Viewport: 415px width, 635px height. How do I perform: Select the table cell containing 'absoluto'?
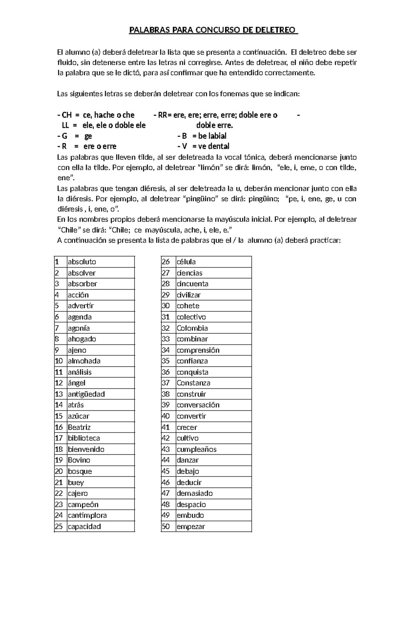tap(82, 262)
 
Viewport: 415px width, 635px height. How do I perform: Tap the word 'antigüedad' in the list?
tap(86, 394)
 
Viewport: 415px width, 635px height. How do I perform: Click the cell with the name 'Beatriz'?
tap(79, 427)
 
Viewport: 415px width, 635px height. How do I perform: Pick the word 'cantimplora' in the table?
tap(87, 515)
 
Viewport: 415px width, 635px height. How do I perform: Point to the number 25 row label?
tap(59, 526)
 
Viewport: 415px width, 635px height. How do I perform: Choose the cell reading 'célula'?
tap(186, 262)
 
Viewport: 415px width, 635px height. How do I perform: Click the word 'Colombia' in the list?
tap(192, 328)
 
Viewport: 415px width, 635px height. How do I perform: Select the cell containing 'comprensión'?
tap(198, 350)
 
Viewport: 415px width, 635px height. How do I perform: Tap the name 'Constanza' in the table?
tap(193, 383)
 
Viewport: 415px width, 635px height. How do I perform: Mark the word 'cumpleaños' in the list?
tap(196, 449)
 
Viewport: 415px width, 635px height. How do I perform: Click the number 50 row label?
tap(166, 526)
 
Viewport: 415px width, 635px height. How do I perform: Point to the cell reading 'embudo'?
tap(190, 515)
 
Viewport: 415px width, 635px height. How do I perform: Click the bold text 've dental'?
tap(213, 146)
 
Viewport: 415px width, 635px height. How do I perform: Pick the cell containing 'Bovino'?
tap(79, 460)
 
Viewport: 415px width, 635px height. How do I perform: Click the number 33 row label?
tap(166, 339)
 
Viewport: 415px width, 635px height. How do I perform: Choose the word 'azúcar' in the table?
tap(79, 416)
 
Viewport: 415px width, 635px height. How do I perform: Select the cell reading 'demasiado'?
tap(194, 493)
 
